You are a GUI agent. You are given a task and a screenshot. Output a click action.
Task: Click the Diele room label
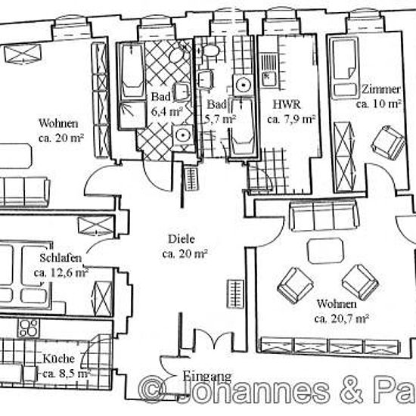tap(182, 239)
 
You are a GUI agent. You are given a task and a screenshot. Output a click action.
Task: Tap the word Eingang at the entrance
tap(207, 376)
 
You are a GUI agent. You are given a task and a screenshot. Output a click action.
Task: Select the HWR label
tap(287, 104)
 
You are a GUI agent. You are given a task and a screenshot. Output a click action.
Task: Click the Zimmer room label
tap(381, 89)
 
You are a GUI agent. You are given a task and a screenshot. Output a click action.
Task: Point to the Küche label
tap(59, 359)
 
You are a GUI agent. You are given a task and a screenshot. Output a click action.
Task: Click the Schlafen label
tap(61, 258)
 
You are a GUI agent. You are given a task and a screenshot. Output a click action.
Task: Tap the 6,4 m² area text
tap(167, 111)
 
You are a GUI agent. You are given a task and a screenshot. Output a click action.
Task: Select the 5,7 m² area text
tap(221, 120)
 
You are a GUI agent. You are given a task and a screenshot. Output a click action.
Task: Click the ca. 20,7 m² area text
tap(342, 318)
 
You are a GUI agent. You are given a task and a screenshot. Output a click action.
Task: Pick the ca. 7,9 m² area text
tap(291, 120)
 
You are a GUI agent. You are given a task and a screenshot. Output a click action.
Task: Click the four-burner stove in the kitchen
tap(28, 328)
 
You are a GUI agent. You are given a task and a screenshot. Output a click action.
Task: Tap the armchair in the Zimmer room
tap(388, 143)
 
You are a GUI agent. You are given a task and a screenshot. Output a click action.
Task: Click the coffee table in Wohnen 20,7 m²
tap(325, 250)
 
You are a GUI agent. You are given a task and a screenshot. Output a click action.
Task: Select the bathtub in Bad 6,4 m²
tap(132, 71)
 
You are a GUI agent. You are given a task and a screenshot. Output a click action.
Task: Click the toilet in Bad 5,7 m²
tap(210, 50)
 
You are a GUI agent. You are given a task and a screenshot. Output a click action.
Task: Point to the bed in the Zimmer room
tap(345, 68)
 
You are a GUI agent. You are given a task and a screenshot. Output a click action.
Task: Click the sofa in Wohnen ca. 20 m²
tap(24, 192)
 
